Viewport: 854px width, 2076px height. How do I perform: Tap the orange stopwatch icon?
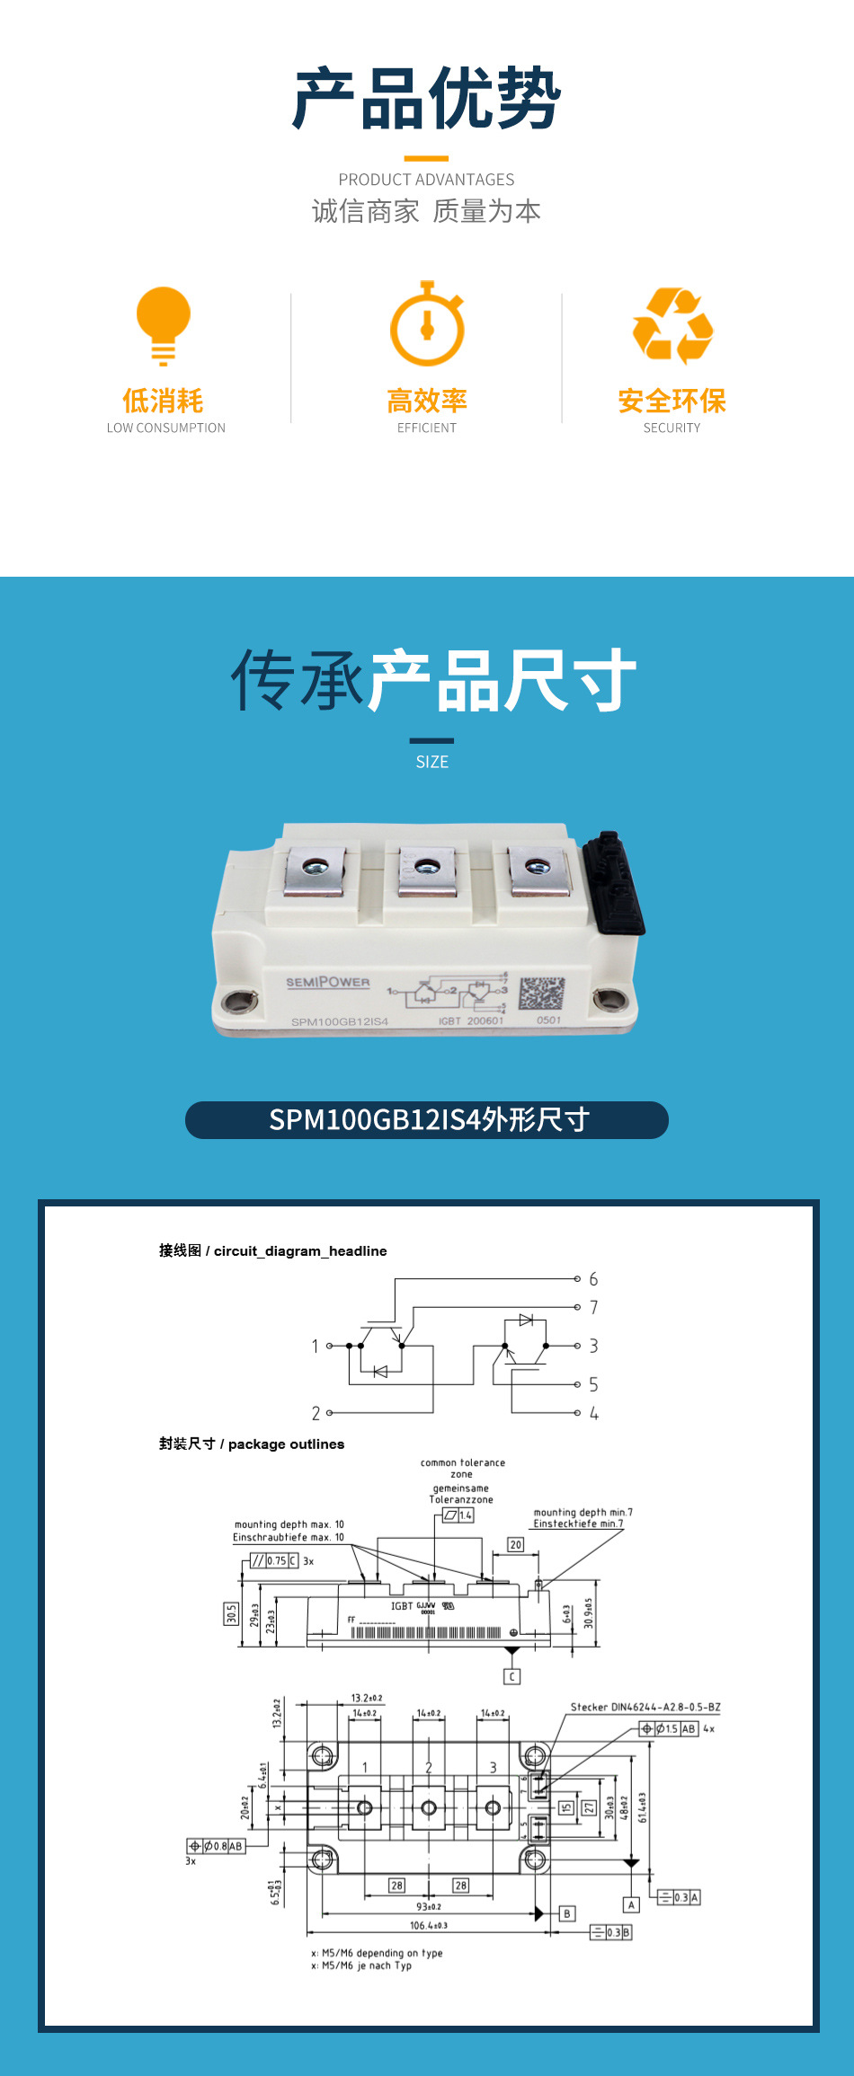pyautogui.click(x=427, y=324)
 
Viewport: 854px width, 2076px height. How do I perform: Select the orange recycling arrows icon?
pyautogui.click(x=672, y=325)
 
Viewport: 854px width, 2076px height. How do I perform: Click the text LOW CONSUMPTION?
pyautogui.click(x=166, y=428)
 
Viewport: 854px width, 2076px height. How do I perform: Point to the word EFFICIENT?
pyautogui.click(x=427, y=428)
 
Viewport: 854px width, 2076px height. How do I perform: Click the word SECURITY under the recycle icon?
pyautogui.click(x=672, y=428)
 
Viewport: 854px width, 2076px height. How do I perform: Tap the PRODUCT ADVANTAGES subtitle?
pyautogui.click(x=426, y=180)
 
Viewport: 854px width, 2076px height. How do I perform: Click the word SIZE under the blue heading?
pyautogui.click(x=431, y=762)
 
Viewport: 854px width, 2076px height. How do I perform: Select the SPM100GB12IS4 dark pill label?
pyautogui.click(x=427, y=1120)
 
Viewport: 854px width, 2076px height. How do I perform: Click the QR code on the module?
pyautogui.click(x=542, y=994)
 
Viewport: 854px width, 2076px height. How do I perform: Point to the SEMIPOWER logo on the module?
pyautogui.click(x=328, y=982)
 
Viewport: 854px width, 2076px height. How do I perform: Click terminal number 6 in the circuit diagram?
pyautogui.click(x=593, y=1279)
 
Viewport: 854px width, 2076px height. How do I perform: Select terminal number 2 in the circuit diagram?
pyautogui.click(x=316, y=1413)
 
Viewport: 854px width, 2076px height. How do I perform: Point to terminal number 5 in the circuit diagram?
pyautogui.click(x=593, y=1384)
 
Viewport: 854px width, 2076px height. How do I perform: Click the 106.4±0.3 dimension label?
pyautogui.click(x=429, y=1925)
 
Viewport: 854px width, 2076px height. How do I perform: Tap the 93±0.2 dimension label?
pyautogui.click(x=429, y=1906)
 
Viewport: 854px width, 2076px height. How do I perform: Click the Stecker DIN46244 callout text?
pyautogui.click(x=645, y=1707)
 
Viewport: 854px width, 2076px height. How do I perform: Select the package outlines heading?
pyautogui.click(x=252, y=1444)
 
